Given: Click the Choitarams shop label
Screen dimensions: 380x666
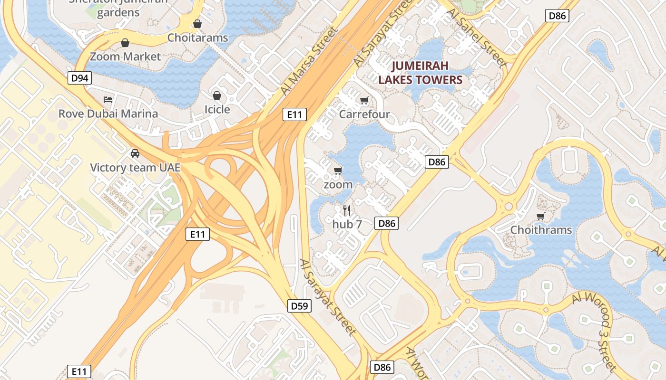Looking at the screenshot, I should tap(197, 38).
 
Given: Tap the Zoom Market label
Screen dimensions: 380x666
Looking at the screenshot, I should tap(126, 57).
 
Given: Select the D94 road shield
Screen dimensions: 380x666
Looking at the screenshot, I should tap(79, 78).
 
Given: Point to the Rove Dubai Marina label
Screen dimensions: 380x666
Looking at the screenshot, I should tap(108, 114).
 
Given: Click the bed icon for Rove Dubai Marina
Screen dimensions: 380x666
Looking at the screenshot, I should tap(108, 100).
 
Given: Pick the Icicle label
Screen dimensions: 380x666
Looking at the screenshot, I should tap(217, 109).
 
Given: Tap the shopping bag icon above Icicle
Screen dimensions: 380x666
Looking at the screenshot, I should tap(217, 95).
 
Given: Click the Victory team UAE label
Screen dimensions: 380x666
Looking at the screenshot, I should tap(135, 167).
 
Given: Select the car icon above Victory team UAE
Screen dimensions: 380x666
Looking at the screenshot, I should tap(135, 153).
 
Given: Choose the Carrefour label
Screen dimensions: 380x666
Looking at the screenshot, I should tap(364, 114).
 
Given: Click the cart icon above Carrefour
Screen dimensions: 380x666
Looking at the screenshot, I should tap(364, 100).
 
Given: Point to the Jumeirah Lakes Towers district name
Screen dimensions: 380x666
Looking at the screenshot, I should tap(421, 73).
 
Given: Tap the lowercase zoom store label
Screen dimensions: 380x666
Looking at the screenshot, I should tap(338, 184).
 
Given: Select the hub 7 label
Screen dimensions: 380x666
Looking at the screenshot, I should tap(347, 224).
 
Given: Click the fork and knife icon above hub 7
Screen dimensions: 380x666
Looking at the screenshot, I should tap(347, 210).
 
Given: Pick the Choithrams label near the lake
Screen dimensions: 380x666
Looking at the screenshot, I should tap(541, 230).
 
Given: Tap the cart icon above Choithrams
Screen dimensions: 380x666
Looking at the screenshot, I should tap(540, 217).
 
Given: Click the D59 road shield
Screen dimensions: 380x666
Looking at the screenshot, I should tap(300, 306).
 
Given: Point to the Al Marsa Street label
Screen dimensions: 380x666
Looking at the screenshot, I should tap(308, 61).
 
